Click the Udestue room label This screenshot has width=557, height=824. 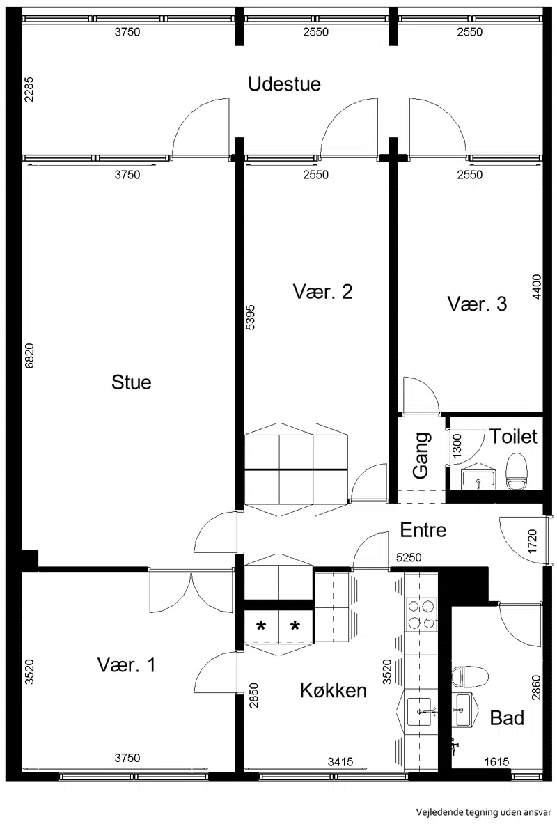coord(284,84)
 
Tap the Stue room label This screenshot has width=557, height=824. coord(132,382)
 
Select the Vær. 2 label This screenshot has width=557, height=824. coord(322,291)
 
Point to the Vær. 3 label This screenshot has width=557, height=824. coord(477,304)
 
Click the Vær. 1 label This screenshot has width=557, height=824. coord(126,664)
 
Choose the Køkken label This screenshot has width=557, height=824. coord(333,690)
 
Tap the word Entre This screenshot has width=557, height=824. coord(423,529)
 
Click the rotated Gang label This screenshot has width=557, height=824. coord(421,456)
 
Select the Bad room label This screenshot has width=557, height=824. coord(507,717)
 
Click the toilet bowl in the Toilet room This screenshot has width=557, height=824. coord(516,472)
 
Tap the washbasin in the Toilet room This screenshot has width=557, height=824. coord(478,478)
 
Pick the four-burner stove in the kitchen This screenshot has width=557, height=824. coord(421,614)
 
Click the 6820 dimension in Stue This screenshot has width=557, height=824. coord(29,356)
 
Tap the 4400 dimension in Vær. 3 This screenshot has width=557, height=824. coord(536,287)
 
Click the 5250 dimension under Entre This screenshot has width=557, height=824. coord(409,557)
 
